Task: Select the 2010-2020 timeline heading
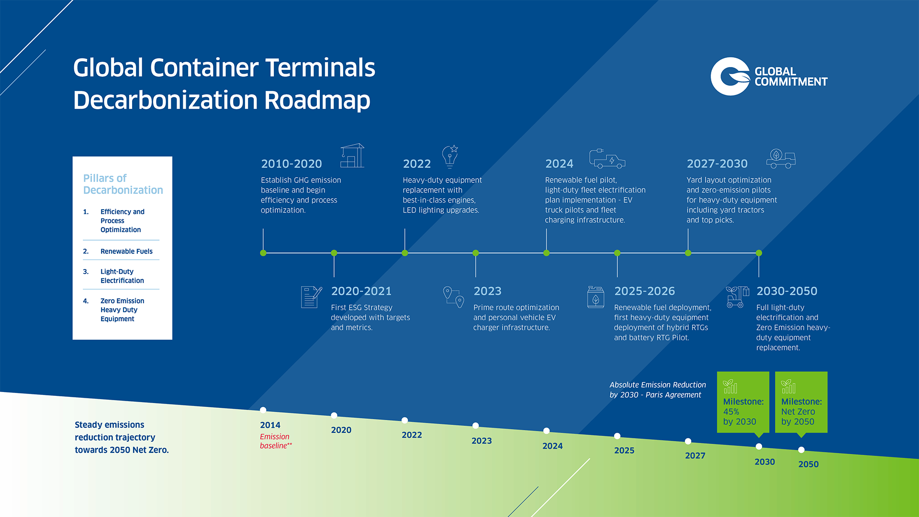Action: pos(291,164)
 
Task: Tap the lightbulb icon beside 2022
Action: pos(450,157)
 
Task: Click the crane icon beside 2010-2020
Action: pos(352,156)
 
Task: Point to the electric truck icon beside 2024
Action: pos(607,159)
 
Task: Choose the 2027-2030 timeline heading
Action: pos(717,164)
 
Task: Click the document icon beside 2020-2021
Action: pos(311,297)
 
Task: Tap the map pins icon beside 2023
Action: pos(454,297)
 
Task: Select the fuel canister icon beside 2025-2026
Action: pos(595,297)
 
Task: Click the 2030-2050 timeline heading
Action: pos(787,291)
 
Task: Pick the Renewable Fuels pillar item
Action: pos(126,251)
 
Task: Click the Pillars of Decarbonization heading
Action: pos(123,184)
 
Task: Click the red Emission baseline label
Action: pos(276,441)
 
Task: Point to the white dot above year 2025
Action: pos(617,436)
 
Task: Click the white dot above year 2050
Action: pos(801,450)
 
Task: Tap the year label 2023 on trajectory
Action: pos(482,441)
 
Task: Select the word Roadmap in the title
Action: pos(317,101)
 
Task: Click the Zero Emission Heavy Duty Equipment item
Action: pos(122,310)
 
